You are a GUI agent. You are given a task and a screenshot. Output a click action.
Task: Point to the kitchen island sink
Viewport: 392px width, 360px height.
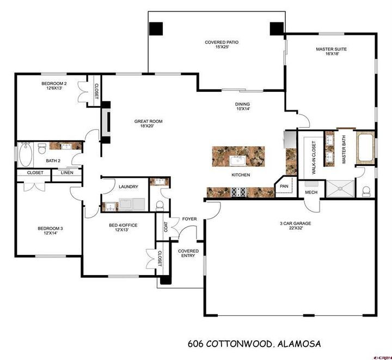(238, 160)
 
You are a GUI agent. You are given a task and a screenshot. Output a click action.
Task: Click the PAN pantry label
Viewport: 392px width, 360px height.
(284, 186)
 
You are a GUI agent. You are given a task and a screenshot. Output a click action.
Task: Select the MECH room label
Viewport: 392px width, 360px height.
(311, 192)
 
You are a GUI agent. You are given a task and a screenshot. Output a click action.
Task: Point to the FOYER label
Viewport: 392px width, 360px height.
(189, 219)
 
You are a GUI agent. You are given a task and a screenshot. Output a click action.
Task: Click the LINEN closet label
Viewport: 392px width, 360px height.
(66, 173)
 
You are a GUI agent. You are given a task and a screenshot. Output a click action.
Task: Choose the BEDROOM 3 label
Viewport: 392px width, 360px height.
(50, 231)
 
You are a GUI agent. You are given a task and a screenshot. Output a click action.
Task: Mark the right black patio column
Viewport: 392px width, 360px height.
(277, 28)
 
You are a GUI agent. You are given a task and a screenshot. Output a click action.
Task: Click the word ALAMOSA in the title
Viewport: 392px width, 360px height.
(299, 344)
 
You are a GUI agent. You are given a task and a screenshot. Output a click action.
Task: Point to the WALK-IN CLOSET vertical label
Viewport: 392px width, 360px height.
(314, 158)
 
